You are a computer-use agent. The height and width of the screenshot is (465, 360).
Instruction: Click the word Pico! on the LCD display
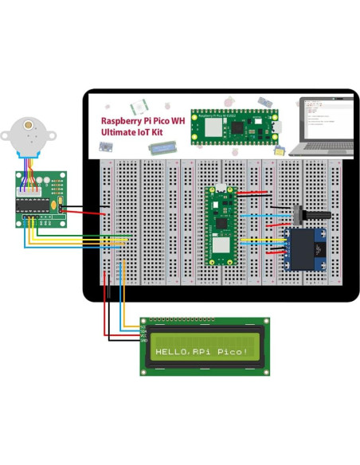[x=231, y=351]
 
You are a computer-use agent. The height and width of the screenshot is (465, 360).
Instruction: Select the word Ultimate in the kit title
[x=119, y=133]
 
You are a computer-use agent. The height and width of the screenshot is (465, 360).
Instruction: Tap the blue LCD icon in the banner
[x=165, y=148]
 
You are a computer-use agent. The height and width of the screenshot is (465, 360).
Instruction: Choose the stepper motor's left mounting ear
[x=7, y=131]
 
